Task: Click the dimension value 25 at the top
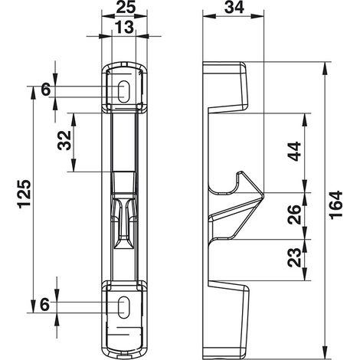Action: pyautogui.click(x=126, y=8)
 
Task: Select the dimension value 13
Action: pyautogui.click(x=124, y=27)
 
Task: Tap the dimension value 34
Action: pyautogui.click(x=234, y=8)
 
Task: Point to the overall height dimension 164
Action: pyautogui.click(x=336, y=205)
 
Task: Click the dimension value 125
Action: pyautogui.click(x=25, y=194)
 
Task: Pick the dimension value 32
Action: pyautogui.click(x=64, y=140)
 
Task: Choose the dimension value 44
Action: pyautogui.click(x=295, y=152)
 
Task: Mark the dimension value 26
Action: pyautogui.click(x=294, y=214)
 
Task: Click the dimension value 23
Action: pyautogui.click(x=294, y=257)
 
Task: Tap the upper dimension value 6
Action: pyautogui.click(x=46, y=90)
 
